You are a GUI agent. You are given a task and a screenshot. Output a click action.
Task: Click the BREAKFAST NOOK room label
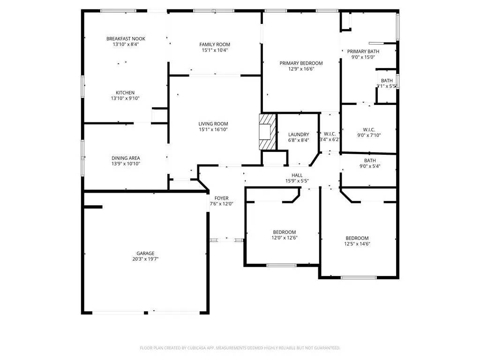[x=126, y=38]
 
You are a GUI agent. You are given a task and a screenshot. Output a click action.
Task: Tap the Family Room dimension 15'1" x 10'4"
[x=215, y=50]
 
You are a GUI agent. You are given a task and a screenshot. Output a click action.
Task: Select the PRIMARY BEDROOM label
[x=301, y=63]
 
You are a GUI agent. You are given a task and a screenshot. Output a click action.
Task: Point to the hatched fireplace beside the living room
[x=267, y=132]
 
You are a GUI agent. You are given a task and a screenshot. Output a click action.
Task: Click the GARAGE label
[x=145, y=254]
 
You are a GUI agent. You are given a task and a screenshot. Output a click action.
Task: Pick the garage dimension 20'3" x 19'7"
[x=145, y=259]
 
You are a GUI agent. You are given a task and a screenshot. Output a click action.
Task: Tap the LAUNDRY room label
[x=299, y=135]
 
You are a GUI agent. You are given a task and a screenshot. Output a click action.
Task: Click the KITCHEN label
[x=125, y=93]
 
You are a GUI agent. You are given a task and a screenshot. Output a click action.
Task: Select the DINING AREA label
[x=126, y=158]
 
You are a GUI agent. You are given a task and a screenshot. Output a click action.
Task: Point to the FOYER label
[x=221, y=198]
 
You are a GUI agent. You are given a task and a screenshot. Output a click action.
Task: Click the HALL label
[x=297, y=175]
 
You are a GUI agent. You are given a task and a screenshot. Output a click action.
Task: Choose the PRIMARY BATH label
[x=363, y=52]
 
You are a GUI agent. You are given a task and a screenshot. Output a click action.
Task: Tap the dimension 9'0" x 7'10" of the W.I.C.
[x=369, y=135]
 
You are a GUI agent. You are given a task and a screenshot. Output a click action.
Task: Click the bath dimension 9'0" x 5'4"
[x=370, y=166]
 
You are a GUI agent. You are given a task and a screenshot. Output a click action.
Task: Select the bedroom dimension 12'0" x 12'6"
[x=285, y=238]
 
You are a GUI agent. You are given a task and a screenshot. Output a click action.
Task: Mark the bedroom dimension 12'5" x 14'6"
[x=357, y=244]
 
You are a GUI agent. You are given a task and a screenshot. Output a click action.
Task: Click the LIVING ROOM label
[x=213, y=124]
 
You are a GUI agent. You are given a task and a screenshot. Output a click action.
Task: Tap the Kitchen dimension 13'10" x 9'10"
[x=125, y=98]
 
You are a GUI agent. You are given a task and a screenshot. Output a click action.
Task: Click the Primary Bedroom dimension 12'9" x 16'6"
[x=301, y=69]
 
